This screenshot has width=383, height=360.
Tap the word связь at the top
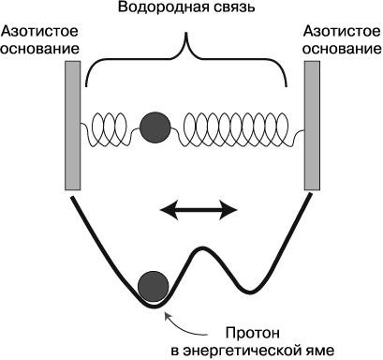(x=232, y=7)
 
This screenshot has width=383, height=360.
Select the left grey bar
(x=73, y=126)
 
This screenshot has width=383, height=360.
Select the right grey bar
(x=312, y=126)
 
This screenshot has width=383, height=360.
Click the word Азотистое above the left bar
(x=39, y=31)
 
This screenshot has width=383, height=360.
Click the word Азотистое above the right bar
(x=342, y=31)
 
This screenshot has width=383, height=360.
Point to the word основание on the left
(x=39, y=49)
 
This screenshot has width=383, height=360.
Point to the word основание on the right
(x=342, y=49)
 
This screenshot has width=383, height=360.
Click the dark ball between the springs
(x=155, y=127)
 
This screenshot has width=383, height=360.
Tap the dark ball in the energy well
(x=154, y=287)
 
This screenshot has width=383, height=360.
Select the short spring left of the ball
(x=110, y=129)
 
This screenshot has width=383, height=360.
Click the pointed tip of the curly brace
(x=186, y=33)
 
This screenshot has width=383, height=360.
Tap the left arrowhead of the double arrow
(x=168, y=210)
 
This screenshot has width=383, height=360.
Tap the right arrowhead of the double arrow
(x=229, y=210)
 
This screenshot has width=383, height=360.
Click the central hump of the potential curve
(x=203, y=248)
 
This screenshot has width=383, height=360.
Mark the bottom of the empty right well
(x=250, y=292)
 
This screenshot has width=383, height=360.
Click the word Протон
(x=253, y=333)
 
